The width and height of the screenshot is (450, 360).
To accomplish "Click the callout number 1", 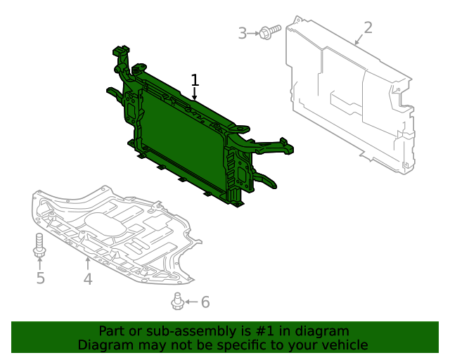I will click(195, 79).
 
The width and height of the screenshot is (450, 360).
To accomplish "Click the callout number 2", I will click(367, 28).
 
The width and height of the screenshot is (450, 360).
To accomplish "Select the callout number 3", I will click(243, 33).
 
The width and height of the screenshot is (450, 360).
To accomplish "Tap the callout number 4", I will click(87, 279).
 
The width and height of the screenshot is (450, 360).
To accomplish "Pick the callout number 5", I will click(40, 278).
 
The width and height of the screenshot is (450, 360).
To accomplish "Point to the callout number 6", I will click(205, 302).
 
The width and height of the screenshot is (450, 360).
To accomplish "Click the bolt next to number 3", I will click(269, 31).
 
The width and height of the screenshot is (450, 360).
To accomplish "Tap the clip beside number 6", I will click(177, 302).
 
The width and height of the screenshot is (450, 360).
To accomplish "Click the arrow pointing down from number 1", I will click(195, 94).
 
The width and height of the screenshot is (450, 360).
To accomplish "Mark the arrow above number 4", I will click(87, 264).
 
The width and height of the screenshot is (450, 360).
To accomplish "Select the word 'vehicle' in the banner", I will click(344, 345).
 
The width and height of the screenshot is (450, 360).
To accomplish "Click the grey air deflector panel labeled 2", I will click(345, 98).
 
